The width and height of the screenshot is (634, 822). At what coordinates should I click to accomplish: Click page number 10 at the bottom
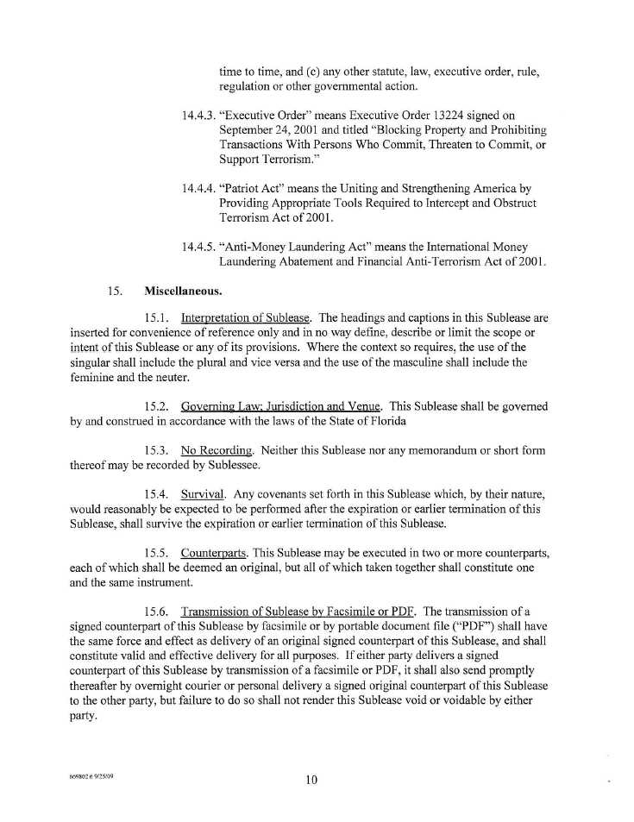pyautogui.click(x=311, y=780)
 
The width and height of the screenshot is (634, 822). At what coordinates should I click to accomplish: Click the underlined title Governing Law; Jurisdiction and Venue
pyautogui.click(x=281, y=405)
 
